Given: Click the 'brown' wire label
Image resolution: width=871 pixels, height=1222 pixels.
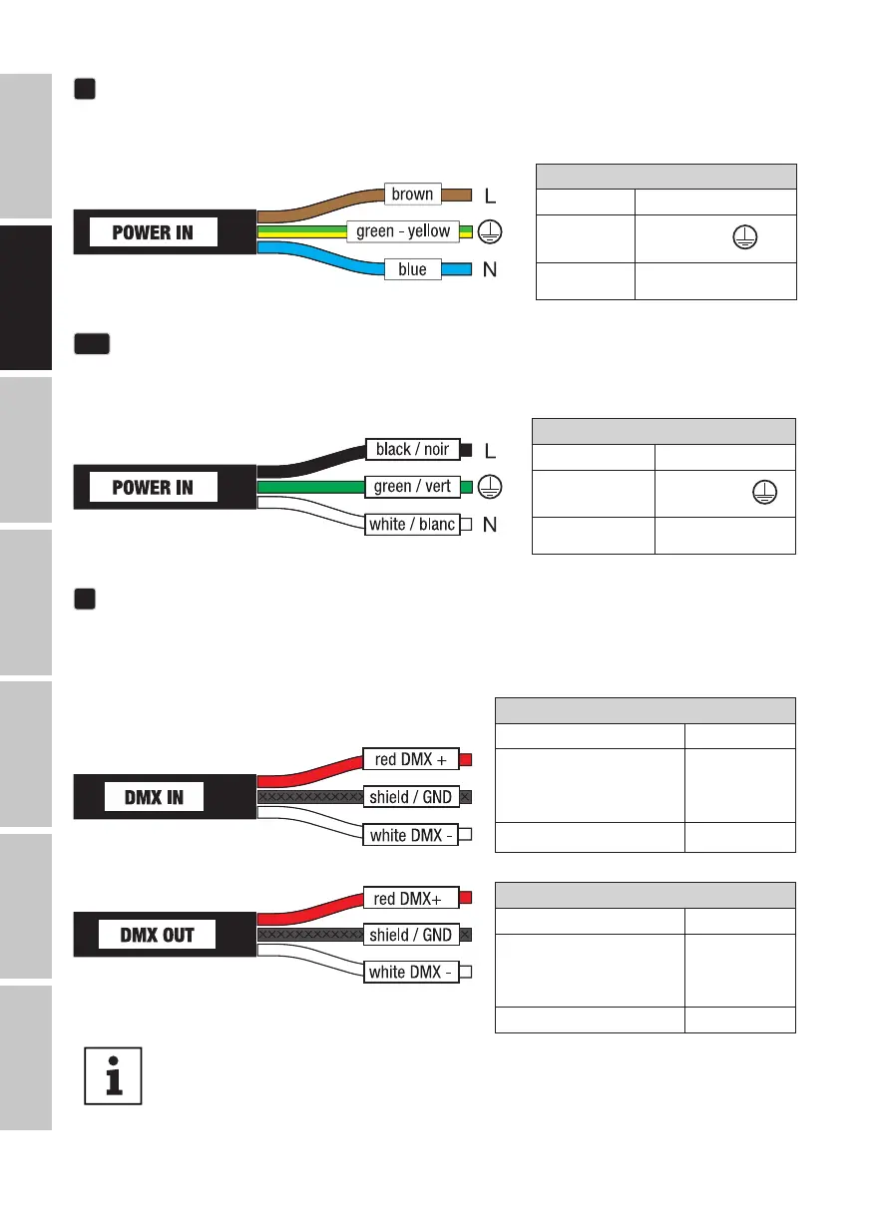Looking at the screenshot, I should pos(412,194).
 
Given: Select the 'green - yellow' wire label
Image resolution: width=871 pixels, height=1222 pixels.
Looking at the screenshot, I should pos(403,231).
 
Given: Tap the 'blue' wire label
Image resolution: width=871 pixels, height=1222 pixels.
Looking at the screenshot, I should pos(412,269).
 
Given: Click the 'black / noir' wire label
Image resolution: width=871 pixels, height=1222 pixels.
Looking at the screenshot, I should pos(412,450).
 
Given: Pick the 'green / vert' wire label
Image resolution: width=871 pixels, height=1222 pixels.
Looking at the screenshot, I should pos(412,487).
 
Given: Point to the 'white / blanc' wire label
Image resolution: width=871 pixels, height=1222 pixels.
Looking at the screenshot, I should pos(412,525).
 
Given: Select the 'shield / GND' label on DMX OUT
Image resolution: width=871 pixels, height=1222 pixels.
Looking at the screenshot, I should pos(410,935).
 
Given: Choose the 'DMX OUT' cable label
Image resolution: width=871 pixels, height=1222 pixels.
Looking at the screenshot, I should pos(157,936).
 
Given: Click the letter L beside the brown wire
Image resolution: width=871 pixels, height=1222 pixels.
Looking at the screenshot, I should pos(489,194).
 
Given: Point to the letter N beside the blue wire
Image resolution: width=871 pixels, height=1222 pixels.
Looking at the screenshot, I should pos(490,270).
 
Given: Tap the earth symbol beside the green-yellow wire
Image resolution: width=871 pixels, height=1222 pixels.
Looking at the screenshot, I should pos(490,231).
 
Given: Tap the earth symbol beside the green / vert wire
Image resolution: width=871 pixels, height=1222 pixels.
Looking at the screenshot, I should pos(490,487).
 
